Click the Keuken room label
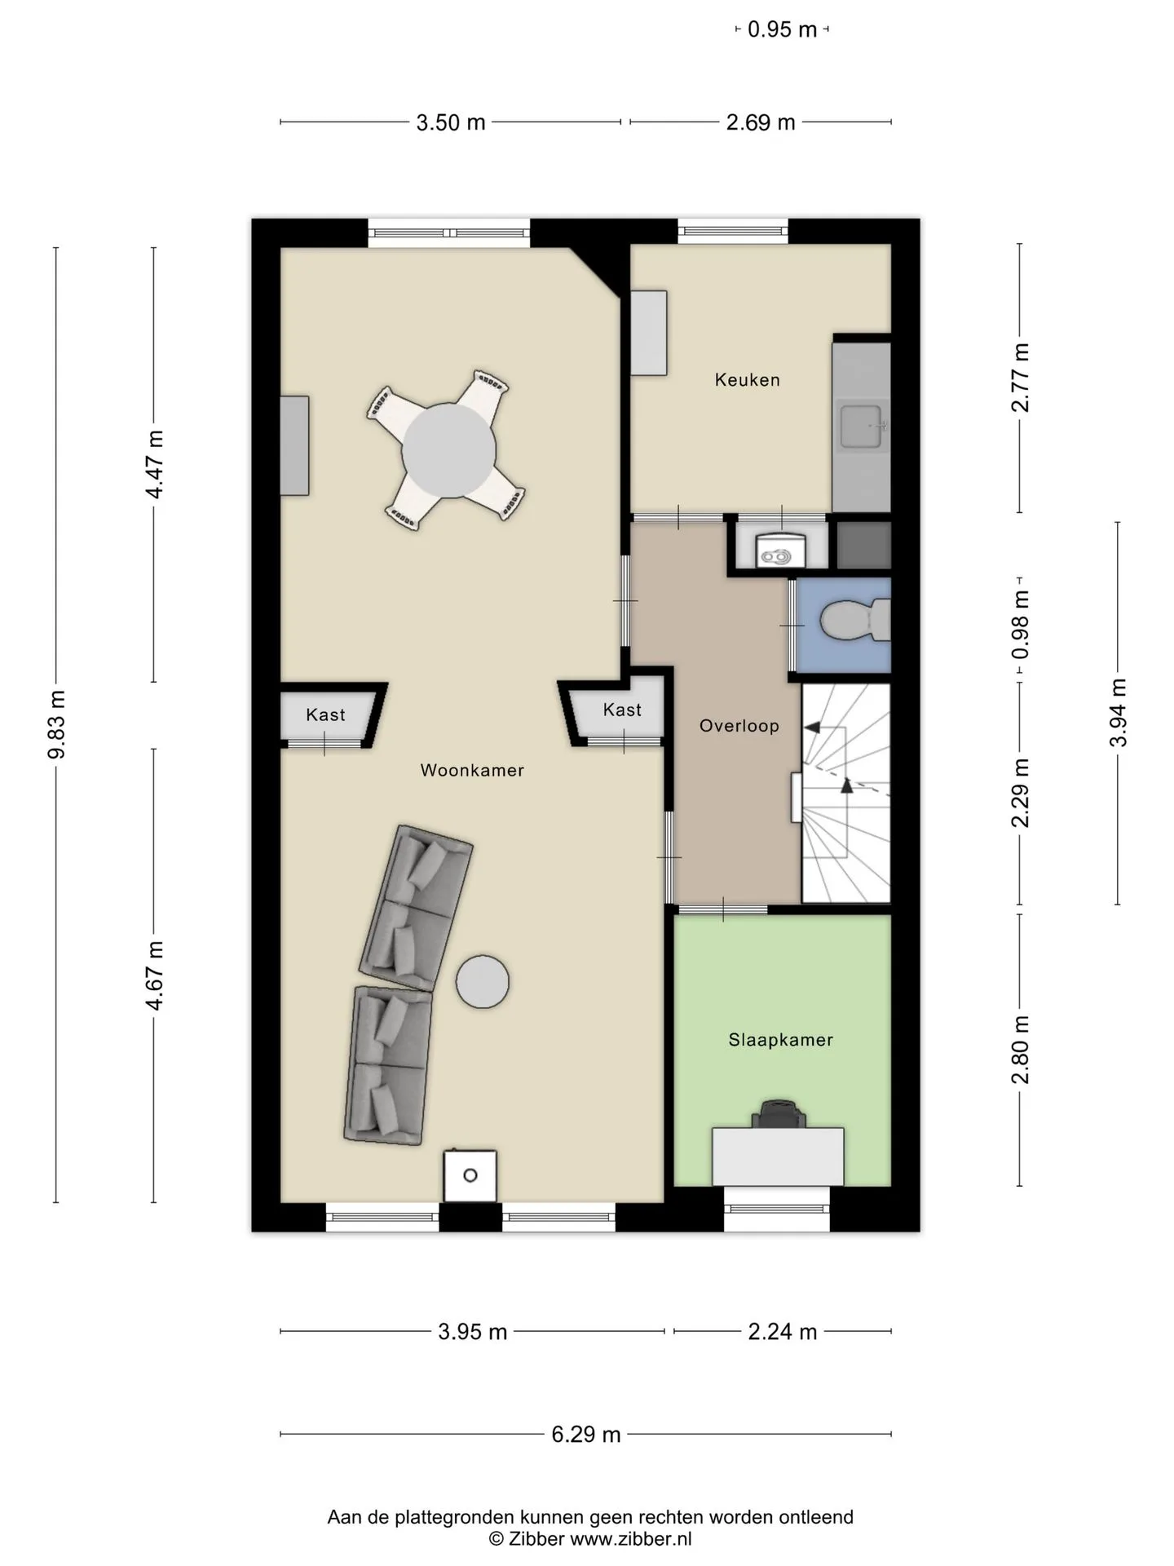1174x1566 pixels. click(747, 380)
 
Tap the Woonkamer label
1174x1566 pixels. click(472, 771)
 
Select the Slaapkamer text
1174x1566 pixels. click(780, 1040)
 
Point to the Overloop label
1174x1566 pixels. click(739, 726)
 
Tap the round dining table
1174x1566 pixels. click(449, 450)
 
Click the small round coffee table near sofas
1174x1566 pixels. click(482, 982)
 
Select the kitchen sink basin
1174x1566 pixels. click(863, 427)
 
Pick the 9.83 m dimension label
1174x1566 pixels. click(57, 724)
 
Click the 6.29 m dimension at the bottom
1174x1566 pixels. click(586, 1434)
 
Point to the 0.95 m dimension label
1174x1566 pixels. click(782, 30)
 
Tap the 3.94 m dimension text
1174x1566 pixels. click(1118, 712)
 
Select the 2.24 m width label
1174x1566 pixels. click(783, 1332)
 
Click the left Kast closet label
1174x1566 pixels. click(325, 715)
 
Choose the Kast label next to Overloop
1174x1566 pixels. click(622, 710)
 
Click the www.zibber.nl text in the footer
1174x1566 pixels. click(631, 1539)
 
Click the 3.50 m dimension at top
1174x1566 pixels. click(451, 123)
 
